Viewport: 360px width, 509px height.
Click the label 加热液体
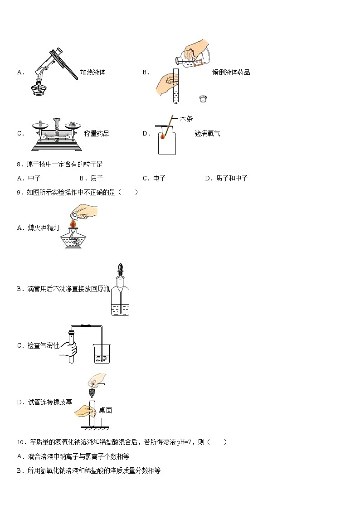[x=92, y=72]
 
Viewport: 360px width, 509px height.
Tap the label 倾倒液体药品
[x=231, y=72]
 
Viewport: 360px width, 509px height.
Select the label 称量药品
[x=97, y=133]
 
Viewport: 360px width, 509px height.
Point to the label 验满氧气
[x=207, y=133]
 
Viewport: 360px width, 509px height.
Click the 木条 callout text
[x=186, y=119]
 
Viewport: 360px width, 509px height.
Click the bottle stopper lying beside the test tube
[x=204, y=98]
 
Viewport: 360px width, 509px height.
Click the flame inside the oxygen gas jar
[x=162, y=135]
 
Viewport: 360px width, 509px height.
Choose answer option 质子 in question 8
[x=97, y=178]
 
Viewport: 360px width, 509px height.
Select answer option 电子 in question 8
[x=159, y=178]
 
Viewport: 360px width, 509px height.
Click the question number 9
[x=19, y=192]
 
